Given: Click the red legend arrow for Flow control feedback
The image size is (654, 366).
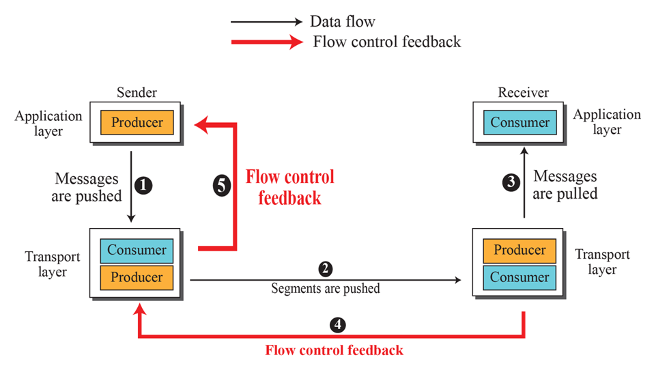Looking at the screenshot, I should click(266, 42).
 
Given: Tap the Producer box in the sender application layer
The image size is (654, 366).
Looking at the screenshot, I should click(137, 123).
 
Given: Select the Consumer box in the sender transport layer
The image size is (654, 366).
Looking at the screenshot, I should click(137, 250).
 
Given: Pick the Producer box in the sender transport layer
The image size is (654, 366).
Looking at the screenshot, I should click(137, 277).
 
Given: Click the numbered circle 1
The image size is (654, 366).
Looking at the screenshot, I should click(143, 185).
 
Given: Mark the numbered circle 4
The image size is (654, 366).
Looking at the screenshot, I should click(336, 324).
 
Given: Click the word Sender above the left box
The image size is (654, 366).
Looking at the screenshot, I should click(137, 93).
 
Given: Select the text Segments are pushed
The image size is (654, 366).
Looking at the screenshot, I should click(326, 288).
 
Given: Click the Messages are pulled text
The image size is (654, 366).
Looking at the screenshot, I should click(565, 185).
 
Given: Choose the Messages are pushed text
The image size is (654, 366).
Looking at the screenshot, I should click(87, 187).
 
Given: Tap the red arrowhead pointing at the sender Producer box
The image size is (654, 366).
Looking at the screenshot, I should click(202, 124).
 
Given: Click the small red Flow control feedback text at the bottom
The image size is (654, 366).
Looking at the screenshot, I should click(334, 350).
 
